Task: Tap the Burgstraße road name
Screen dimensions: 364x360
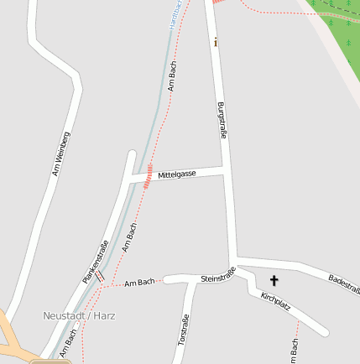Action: click(x=222, y=120)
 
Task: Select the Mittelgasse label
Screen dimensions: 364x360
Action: click(x=177, y=174)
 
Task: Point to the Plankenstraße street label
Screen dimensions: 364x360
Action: click(x=96, y=260)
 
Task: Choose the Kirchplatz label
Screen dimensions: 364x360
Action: click(x=275, y=302)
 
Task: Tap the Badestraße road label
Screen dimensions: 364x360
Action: click(x=344, y=284)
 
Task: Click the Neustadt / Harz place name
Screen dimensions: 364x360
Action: click(x=79, y=316)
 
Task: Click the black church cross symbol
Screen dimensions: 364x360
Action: click(x=274, y=280)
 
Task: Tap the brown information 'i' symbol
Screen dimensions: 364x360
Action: click(x=217, y=42)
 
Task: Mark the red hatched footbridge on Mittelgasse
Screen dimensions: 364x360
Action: click(x=149, y=176)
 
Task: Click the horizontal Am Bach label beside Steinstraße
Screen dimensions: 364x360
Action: click(x=139, y=283)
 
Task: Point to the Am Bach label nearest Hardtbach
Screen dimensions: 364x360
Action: click(x=172, y=75)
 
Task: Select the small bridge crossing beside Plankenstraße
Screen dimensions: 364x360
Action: click(x=98, y=275)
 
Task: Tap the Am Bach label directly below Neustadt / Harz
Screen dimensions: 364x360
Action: click(x=68, y=344)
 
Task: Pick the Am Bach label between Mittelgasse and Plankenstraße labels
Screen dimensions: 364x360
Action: click(x=129, y=237)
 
